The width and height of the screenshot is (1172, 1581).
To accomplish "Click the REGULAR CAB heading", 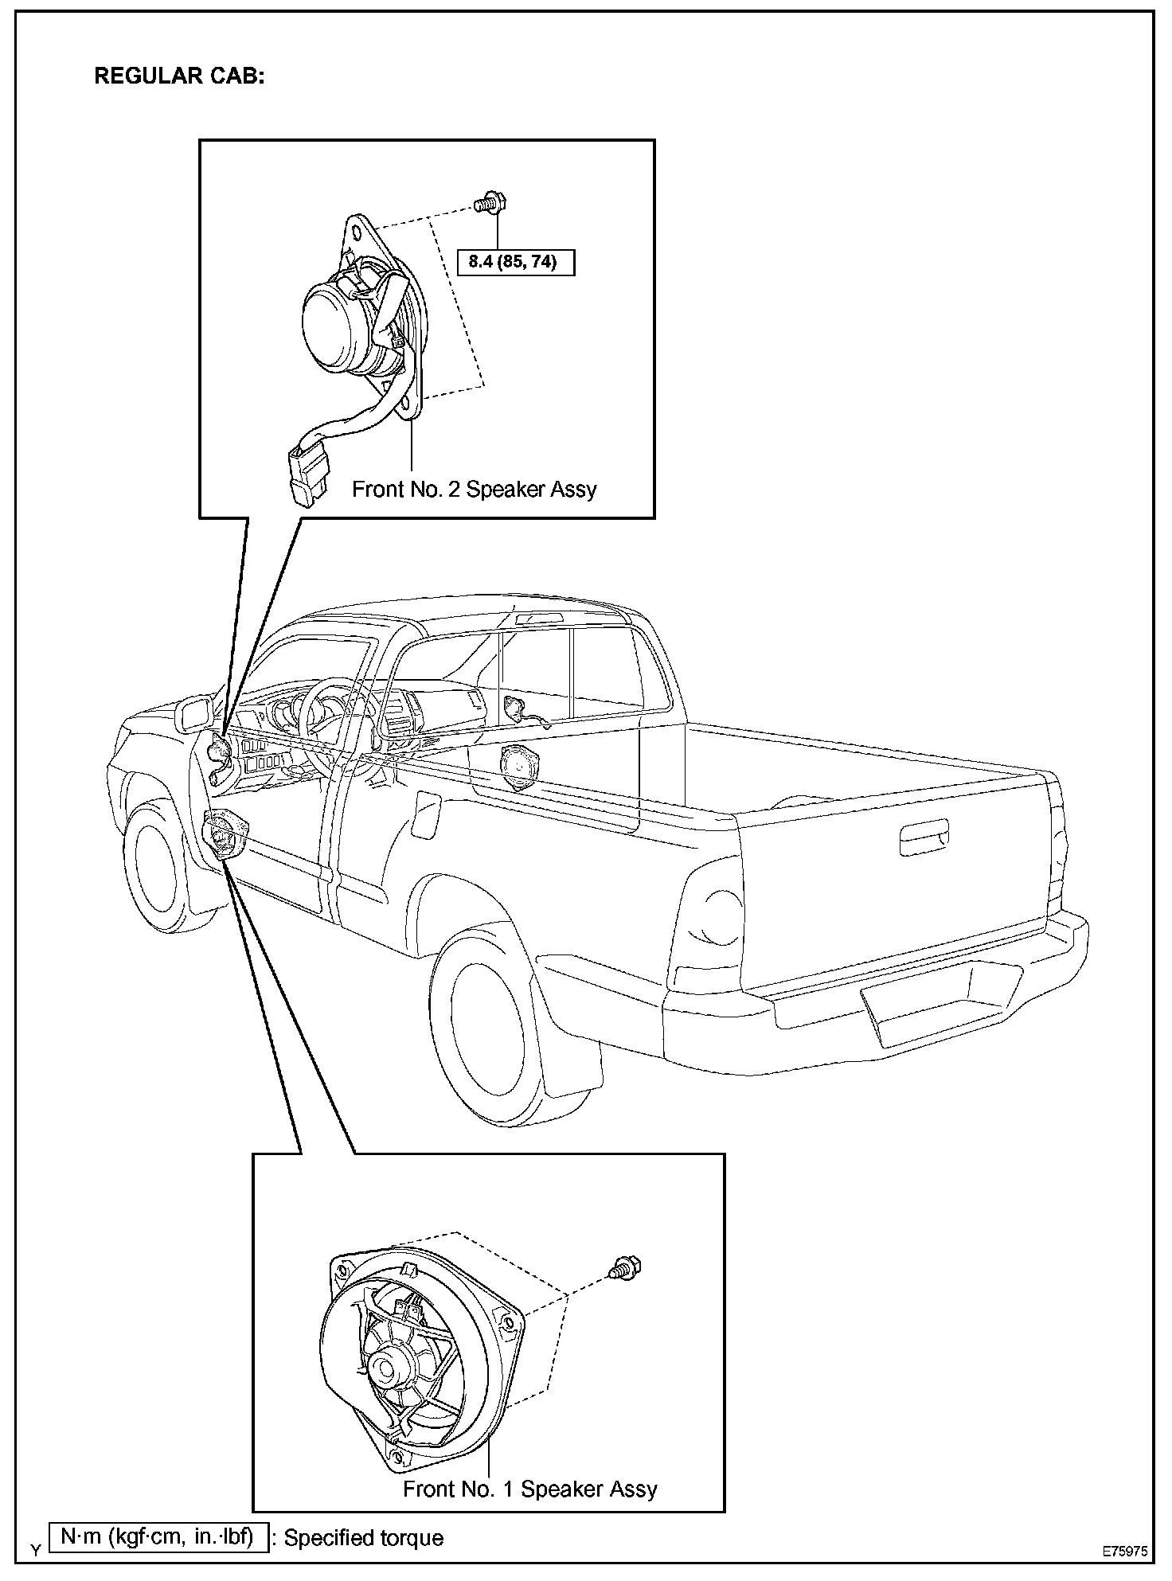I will (179, 76).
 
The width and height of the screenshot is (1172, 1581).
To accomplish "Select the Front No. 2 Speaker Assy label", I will (474, 489).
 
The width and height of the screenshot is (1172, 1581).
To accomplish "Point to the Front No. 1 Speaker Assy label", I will (530, 1489).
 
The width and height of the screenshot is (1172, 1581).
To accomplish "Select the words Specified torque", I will (364, 1537).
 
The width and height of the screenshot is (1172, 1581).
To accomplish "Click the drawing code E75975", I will (1124, 1552).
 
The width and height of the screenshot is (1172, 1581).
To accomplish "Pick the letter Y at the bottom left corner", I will (34, 1550).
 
